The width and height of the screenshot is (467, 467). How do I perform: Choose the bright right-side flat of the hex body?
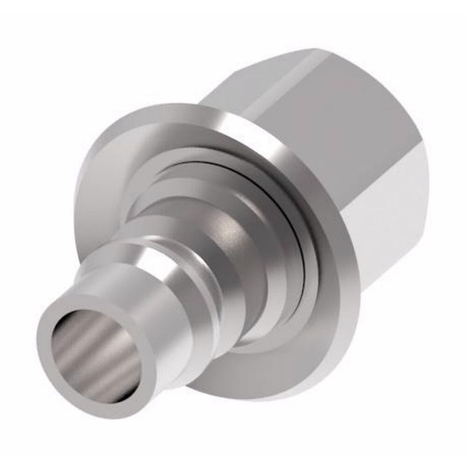pyautogui.click(x=394, y=200)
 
